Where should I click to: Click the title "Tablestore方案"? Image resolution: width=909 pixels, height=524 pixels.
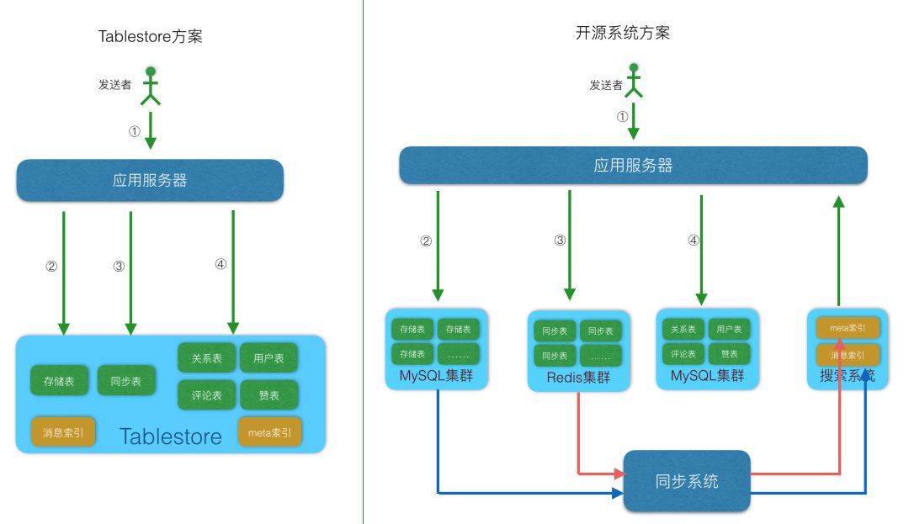(x=150, y=36)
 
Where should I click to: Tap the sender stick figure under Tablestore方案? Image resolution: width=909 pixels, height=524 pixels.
(x=150, y=86)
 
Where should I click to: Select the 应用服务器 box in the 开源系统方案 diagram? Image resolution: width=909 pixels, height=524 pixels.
(x=633, y=166)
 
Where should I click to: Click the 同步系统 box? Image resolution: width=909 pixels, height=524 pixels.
(x=686, y=481)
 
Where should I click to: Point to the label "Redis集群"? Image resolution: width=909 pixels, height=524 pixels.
(x=578, y=378)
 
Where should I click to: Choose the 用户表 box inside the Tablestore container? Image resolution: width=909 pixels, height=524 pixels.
(x=269, y=358)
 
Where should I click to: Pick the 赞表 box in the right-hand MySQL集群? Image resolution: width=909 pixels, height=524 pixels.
(x=729, y=353)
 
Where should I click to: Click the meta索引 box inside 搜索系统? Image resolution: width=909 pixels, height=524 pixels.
(x=848, y=328)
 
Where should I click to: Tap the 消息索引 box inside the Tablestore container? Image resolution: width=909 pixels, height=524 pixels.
(x=63, y=432)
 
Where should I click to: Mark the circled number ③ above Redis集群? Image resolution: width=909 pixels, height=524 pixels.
(x=560, y=241)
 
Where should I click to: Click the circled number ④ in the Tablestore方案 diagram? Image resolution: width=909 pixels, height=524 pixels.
(x=221, y=263)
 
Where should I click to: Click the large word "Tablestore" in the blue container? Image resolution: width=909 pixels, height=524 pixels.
(x=171, y=436)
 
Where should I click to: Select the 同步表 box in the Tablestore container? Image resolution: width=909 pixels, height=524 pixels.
(x=125, y=381)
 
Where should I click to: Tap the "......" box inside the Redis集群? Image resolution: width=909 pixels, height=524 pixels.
(x=600, y=355)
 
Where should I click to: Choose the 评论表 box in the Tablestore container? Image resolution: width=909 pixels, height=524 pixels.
(x=206, y=394)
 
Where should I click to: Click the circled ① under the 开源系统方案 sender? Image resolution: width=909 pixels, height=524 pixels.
(x=622, y=117)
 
